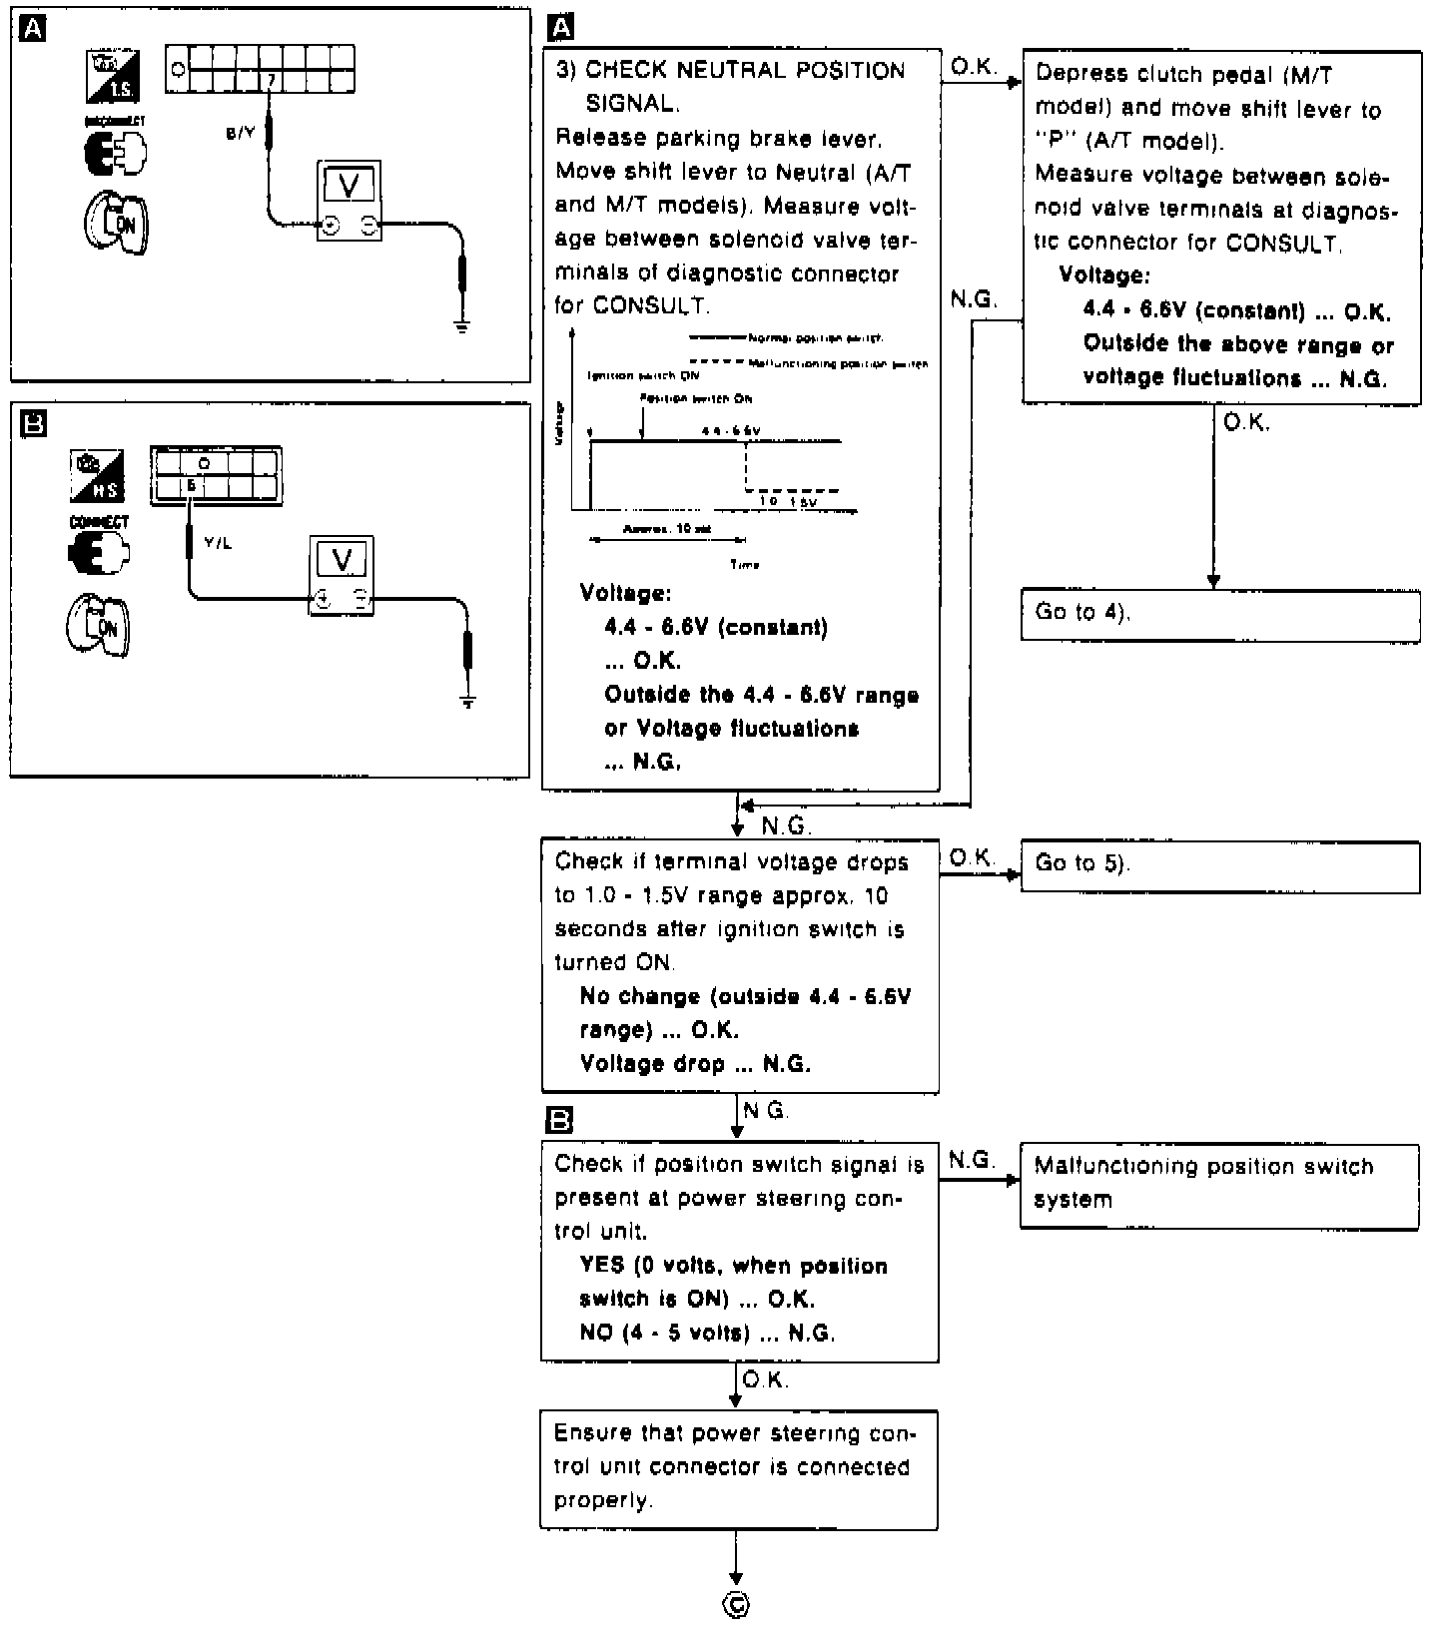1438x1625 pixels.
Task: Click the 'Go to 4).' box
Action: click(x=1219, y=615)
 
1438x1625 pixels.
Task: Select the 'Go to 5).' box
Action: click(x=1219, y=866)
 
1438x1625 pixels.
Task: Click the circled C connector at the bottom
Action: click(x=737, y=1605)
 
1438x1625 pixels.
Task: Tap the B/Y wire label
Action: click(x=241, y=134)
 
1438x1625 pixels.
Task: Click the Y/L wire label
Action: click(x=218, y=544)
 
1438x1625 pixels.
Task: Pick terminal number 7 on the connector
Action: click(x=271, y=79)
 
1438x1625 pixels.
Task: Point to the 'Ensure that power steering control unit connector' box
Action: click(x=739, y=1468)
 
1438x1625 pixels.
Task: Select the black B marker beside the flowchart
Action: click(x=561, y=1120)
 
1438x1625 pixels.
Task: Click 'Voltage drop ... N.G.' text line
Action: click(x=695, y=1064)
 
